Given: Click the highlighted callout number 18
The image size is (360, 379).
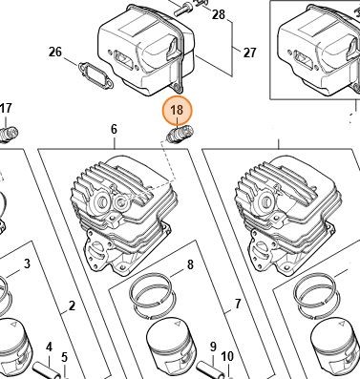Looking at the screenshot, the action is pos(177,110).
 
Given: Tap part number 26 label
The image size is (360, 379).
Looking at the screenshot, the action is pos(55,52).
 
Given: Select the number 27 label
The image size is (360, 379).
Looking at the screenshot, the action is pos(249,53).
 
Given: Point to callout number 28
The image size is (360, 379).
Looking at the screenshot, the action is pos(219,14).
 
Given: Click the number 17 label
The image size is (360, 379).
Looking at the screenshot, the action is pos(6,108).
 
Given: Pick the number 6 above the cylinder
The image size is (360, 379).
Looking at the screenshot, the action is pos(114,129).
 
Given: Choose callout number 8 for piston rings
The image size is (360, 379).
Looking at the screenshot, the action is pos(190,264).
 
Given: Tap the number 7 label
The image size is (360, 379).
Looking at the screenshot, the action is pos(238,304).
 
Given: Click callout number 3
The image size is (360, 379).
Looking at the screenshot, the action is pos(27,263).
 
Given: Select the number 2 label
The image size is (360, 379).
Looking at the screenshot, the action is pos(72,305).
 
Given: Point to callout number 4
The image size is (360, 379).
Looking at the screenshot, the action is pos(49,347).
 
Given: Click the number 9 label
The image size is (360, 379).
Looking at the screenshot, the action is pos(213,347).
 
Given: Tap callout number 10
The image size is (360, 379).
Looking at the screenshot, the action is pos(227,357).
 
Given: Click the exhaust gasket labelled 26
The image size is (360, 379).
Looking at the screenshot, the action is pos(95,74).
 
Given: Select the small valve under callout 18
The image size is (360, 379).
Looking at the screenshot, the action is pos(180,135).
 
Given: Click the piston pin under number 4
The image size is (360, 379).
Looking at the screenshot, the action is pos(47,370).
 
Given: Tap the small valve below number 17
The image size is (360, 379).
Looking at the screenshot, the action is pos(9,135).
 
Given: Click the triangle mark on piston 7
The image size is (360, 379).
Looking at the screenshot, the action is pos(177,325).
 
